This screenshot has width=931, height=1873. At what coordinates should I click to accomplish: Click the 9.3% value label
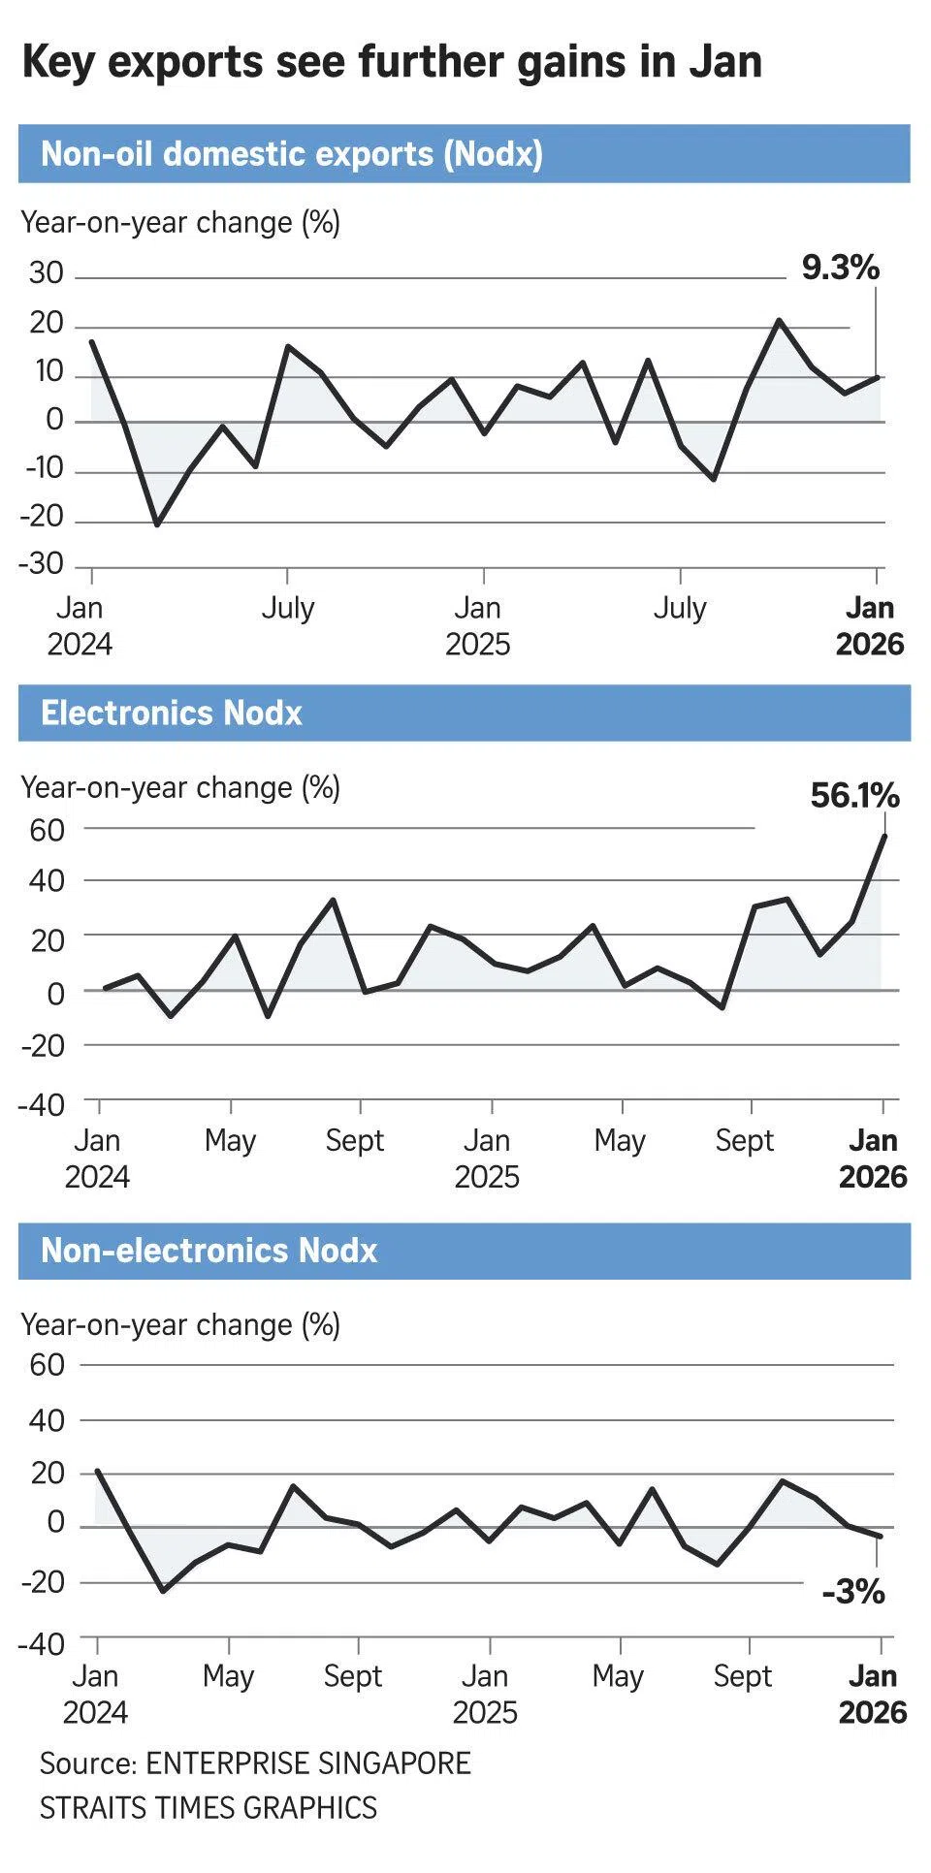(x=840, y=268)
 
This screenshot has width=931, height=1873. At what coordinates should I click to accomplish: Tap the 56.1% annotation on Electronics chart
(x=854, y=796)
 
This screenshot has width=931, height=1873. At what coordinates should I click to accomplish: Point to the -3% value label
(x=853, y=1592)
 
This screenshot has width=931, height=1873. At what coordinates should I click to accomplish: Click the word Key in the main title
(x=60, y=62)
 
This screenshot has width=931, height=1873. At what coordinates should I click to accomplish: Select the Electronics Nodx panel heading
(x=172, y=714)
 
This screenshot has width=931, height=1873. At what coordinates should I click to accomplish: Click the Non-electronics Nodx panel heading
(x=209, y=1251)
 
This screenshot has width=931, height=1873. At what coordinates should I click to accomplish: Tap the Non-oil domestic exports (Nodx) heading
(x=291, y=154)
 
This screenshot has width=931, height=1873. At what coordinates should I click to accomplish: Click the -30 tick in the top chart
(x=41, y=564)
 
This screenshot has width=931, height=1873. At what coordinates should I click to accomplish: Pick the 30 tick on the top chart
(x=46, y=273)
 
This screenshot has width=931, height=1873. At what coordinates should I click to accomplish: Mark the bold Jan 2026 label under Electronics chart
(x=873, y=1159)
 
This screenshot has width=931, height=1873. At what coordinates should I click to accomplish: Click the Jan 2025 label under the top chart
(x=478, y=626)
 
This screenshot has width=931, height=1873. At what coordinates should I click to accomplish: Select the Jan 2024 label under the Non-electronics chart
(x=95, y=1694)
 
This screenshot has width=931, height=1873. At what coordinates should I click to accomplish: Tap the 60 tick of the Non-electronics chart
(x=47, y=1365)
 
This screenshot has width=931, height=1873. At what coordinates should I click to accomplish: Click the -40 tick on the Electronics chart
(x=41, y=1104)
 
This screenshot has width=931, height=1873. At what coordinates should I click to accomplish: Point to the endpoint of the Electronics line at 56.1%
(x=884, y=835)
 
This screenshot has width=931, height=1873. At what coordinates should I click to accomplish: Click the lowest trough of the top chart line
(x=157, y=524)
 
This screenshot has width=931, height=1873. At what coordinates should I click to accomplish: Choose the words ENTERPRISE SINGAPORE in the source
(x=308, y=1762)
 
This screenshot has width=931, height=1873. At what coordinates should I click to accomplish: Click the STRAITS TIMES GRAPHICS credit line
(x=208, y=1807)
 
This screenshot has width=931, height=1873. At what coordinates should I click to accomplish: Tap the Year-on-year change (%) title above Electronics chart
(x=180, y=787)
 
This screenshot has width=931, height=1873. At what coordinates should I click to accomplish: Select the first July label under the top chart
(x=288, y=609)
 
